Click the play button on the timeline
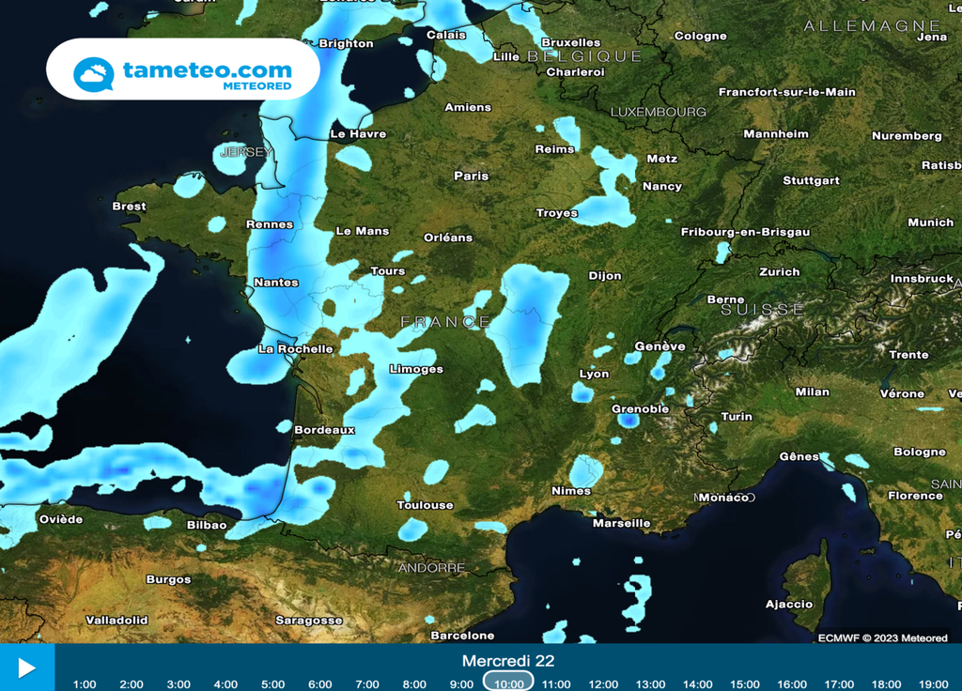click(26, 668)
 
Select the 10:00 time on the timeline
click(508, 683)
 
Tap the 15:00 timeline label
click(744, 683)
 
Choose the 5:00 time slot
click(272, 683)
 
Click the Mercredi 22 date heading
click(507, 661)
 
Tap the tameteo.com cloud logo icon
click(94, 74)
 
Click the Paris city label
click(472, 176)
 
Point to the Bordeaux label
click(324, 430)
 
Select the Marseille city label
click(621, 523)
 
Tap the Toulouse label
click(425, 505)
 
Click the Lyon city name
click(594, 374)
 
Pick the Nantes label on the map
click(276, 283)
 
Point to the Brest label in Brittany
click(129, 207)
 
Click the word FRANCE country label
click(446, 322)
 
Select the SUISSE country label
click(763, 309)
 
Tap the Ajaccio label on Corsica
click(789, 604)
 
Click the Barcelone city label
click(462, 636)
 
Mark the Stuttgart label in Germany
click(811, 180)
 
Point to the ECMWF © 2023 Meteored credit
click(882, 638)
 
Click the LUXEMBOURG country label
click(658, 112)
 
